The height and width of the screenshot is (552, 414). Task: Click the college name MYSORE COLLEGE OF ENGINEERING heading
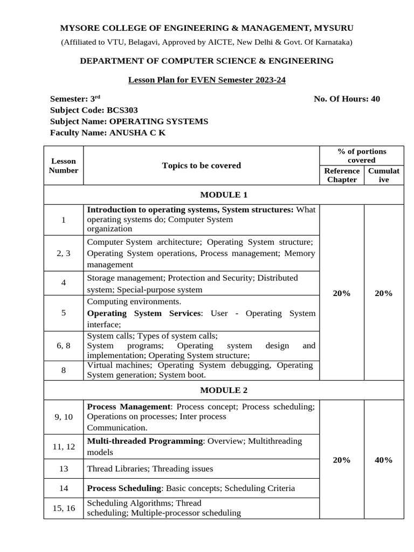pos(206,28)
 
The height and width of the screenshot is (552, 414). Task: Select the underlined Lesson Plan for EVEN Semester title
pos(206,80)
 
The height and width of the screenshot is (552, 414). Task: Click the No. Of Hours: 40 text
pos(347,99)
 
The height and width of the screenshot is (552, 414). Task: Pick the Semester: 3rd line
pos(75,99)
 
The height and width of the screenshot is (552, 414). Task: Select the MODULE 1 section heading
pos(223,195)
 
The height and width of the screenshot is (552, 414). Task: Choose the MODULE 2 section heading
pos(223,390)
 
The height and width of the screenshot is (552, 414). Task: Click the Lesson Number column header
pos(64,165)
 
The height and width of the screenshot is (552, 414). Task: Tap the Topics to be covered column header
pos(201,165)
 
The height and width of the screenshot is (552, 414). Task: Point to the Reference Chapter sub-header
pos(342,175)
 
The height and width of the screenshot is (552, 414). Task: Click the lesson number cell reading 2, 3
pos(64,253)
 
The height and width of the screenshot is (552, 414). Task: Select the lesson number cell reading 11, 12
pos(64,446)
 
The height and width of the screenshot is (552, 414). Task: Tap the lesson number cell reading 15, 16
pos(64,508)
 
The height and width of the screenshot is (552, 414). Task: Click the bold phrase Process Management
pos(128,406)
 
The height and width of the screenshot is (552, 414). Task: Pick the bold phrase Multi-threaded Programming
pos(144,441)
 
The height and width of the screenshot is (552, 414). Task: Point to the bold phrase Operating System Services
pos(144,313)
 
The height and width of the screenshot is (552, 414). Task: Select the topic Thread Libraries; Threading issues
pos(150,469)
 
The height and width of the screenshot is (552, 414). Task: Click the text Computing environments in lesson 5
pos(134,301)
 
